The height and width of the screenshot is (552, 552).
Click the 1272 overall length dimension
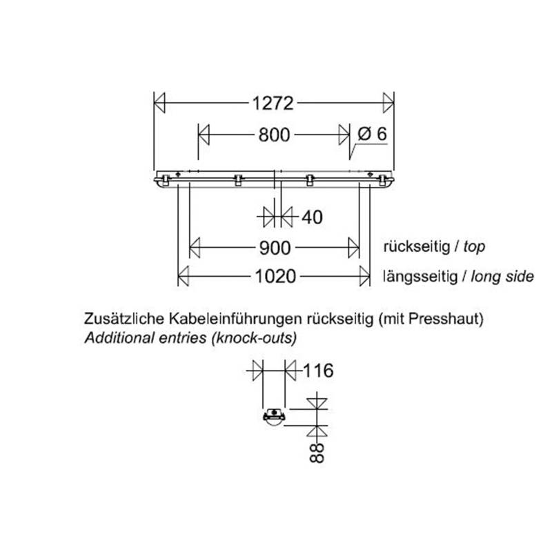(273, 103)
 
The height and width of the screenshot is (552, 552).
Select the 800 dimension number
(274, 135)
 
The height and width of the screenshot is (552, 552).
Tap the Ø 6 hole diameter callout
(372, 134)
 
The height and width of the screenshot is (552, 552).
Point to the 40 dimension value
(312, 217)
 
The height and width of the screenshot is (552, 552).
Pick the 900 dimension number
(275, 248)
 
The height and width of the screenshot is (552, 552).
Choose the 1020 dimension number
(275, 277)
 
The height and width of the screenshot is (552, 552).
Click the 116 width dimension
(318, 371)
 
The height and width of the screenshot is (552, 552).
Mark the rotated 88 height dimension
(317, 453)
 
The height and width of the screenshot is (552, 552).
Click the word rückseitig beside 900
(417, 247)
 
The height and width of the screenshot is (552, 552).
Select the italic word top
(474, 247)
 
